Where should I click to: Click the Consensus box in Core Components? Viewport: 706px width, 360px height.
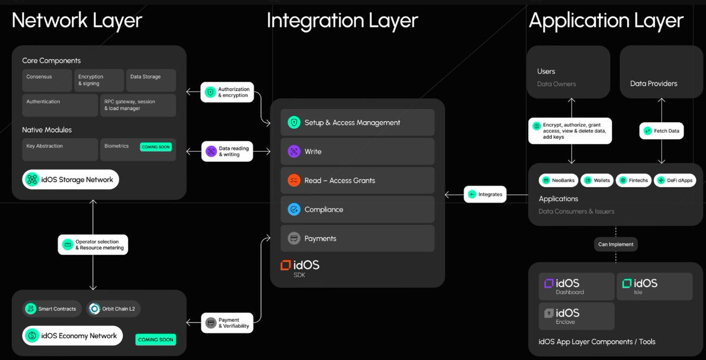[x=48, y=80]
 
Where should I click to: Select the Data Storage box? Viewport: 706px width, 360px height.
[x=151, y=80]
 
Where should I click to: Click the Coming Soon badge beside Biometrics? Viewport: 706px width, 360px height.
[x=156, y=146]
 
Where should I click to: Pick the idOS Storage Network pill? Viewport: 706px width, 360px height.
[x=71, y=179]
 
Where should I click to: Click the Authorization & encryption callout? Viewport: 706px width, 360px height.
[x=227, y=92]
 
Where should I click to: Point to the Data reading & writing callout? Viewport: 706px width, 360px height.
[x=227, y=151]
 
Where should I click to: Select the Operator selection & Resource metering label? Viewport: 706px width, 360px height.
[x=93, y=245]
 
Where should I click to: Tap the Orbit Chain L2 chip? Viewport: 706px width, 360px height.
[x=114, y=309]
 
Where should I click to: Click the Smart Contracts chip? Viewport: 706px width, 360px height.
[x=51, y=309]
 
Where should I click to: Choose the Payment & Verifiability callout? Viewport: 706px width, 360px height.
[x=227, y=323]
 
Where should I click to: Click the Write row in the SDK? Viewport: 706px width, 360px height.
[x=357, y=151]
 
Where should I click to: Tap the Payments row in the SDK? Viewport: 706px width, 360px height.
[x=357, y=238]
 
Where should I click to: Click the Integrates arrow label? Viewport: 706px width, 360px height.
[x=485, y=194]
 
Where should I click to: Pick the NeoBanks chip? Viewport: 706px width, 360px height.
[x=558, y=180]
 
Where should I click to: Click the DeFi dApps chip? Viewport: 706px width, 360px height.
[x=674, y=180]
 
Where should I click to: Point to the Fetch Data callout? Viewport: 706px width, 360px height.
[x=661, y=131]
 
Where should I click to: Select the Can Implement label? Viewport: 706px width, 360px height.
[x=616, y=244]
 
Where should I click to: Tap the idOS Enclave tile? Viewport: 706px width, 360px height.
[x=577, y=316]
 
